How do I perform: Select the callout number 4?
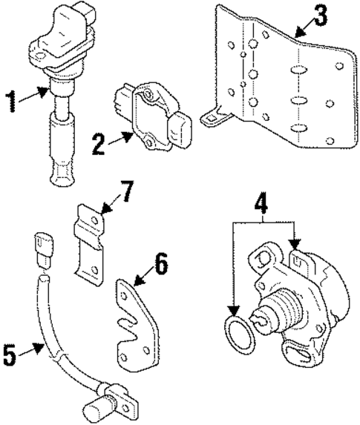262,201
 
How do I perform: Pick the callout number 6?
161,264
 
